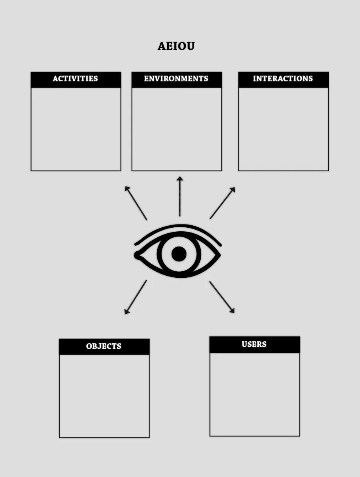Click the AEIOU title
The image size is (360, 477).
176,46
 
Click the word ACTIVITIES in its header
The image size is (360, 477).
76,78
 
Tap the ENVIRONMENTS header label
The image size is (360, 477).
176,78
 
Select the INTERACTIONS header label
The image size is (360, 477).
283,78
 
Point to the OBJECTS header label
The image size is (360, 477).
104,346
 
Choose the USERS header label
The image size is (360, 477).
254,344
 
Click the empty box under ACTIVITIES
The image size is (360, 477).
76,129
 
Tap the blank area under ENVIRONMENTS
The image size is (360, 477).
177,129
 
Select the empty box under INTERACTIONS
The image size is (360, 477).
284,129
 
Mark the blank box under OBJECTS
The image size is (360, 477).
104,396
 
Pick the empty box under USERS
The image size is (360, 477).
255,394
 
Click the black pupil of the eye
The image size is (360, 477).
179,254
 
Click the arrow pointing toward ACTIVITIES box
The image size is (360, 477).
136,203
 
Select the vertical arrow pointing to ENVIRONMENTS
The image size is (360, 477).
180,196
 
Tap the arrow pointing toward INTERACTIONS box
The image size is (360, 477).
222,203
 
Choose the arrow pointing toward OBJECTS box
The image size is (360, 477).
136,297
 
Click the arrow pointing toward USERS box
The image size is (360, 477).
222,297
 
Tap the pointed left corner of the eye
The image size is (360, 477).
135,255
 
